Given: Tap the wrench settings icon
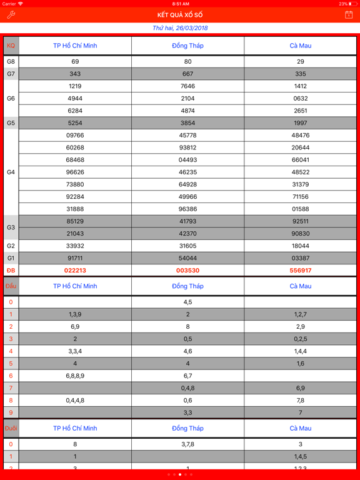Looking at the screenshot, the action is point(11,14).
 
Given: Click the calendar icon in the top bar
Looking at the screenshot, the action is point(349,14).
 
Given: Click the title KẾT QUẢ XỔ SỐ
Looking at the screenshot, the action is point(180,15).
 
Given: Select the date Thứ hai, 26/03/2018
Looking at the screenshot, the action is point(180,28).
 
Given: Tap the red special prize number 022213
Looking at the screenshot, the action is point(75,271).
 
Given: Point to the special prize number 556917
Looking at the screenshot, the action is point(301,271).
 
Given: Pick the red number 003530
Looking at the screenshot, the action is point(187,271).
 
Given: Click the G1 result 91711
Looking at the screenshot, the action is point(75,258).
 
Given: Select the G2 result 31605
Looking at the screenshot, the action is point(187,246).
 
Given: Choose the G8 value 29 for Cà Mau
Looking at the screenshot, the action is point(301,62).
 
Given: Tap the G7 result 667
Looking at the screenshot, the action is point(187,74).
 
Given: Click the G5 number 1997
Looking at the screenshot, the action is point(301,123).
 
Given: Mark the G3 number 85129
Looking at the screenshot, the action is point(75,221).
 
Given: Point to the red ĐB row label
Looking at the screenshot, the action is point(11,271).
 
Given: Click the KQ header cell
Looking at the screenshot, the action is point(11,46).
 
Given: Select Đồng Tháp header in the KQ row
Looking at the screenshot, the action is point(187,46).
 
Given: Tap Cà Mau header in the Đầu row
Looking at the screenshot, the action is point(301,286).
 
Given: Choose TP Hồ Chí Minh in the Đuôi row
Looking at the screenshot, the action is point(75,428).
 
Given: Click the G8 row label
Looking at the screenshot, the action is point(11,62).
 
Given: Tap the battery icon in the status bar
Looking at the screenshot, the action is point(354,4).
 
